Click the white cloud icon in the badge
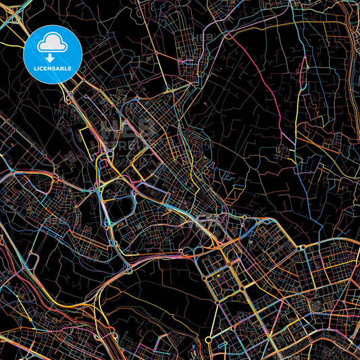(52, 44)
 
